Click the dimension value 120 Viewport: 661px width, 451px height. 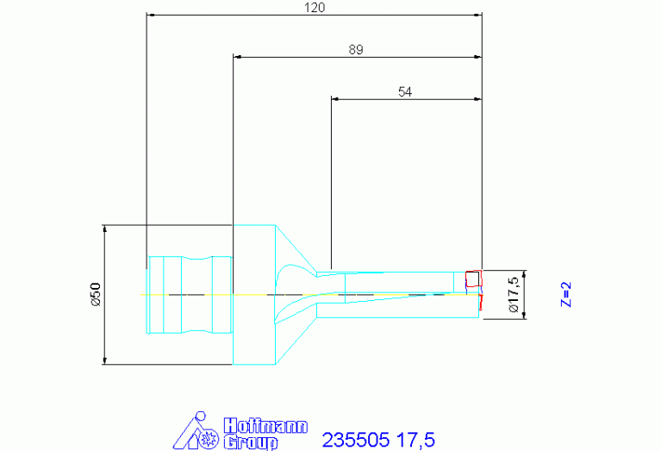[x=315, y=8]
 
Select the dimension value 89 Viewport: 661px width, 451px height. [x=356, y=50]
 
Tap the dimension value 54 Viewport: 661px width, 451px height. [x=405, y=91]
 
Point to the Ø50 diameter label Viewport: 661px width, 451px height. [x=97, y=294]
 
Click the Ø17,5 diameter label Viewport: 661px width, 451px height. [x=514, y=295]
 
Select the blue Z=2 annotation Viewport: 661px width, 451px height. [x=566, y=294]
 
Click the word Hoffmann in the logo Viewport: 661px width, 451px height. [x=265, y=426]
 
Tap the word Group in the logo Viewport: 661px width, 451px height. [x=251, y=442]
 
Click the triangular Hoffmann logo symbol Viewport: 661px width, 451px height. [x=196, y=431]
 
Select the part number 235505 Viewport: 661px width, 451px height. [x=355, y=440]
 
